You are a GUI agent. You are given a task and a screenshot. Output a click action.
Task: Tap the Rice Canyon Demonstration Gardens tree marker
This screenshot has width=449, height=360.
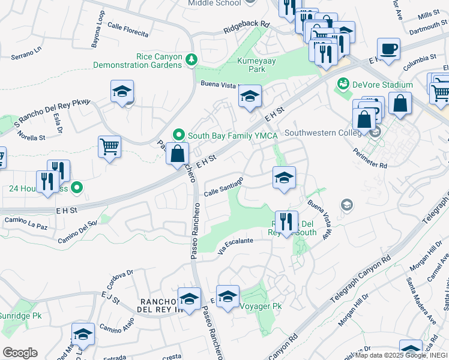(191, 59)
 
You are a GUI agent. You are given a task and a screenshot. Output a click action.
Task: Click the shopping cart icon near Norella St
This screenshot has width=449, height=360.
(109, 146)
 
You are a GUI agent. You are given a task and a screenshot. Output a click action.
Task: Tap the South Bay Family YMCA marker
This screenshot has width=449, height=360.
(178, 135)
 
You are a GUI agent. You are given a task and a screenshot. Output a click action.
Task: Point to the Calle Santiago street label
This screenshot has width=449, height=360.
(223, 187)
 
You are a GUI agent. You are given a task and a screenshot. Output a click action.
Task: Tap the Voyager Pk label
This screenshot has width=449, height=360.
(261, 306)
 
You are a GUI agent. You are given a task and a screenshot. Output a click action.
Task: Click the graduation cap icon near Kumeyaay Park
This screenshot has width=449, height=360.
(250, 95)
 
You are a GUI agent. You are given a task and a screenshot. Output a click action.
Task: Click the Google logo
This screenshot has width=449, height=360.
(20, 353)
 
